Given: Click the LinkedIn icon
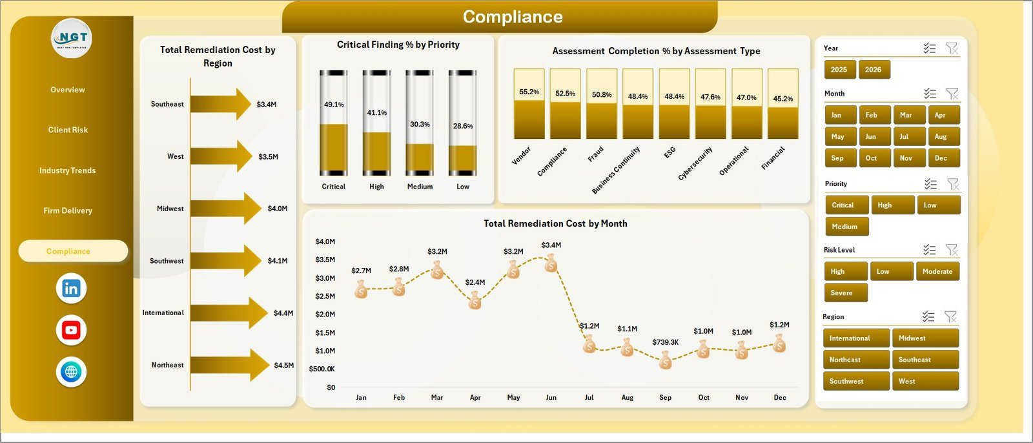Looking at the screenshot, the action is (71, 289).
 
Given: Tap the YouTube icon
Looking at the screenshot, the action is (71, 331).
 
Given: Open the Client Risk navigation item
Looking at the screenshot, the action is (68, 130).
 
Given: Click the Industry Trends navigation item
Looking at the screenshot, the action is (67, 170).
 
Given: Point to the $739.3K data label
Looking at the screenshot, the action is (665, 342).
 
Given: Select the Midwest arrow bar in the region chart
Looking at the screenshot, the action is (226, 209).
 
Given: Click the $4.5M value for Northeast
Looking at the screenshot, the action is (283, 365).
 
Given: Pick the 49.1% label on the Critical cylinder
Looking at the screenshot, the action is (334, 105).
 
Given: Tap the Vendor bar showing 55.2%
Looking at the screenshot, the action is (529, 103).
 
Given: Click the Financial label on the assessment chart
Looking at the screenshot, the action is (773, 158).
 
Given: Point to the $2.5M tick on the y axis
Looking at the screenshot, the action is (325, 296).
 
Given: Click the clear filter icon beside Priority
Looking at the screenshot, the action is (953, 184).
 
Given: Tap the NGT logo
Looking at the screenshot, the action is (72, 38).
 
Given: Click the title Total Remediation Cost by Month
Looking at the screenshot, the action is (555, 223).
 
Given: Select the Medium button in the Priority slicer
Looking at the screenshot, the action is (847, 227).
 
